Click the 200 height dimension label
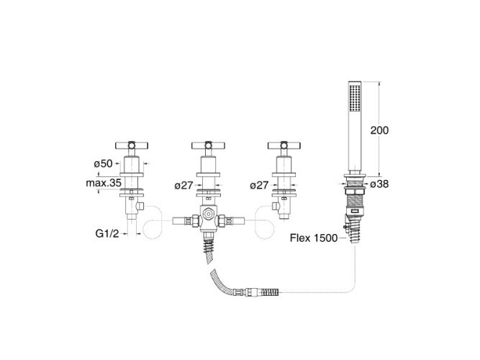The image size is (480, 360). tap(379, 130)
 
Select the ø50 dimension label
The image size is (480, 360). tap(103, 163)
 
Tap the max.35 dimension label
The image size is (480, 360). tap(104, 183)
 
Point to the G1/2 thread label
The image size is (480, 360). tap(107, 233)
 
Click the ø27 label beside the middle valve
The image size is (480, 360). tap(184, 185)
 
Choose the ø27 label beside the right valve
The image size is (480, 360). tap(259, 185)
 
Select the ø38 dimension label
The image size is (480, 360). tap(379, 184)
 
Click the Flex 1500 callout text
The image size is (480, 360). tap(314, 238)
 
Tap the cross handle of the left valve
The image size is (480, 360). tap(132, 145)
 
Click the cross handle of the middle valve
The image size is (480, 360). tap(208, 145)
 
